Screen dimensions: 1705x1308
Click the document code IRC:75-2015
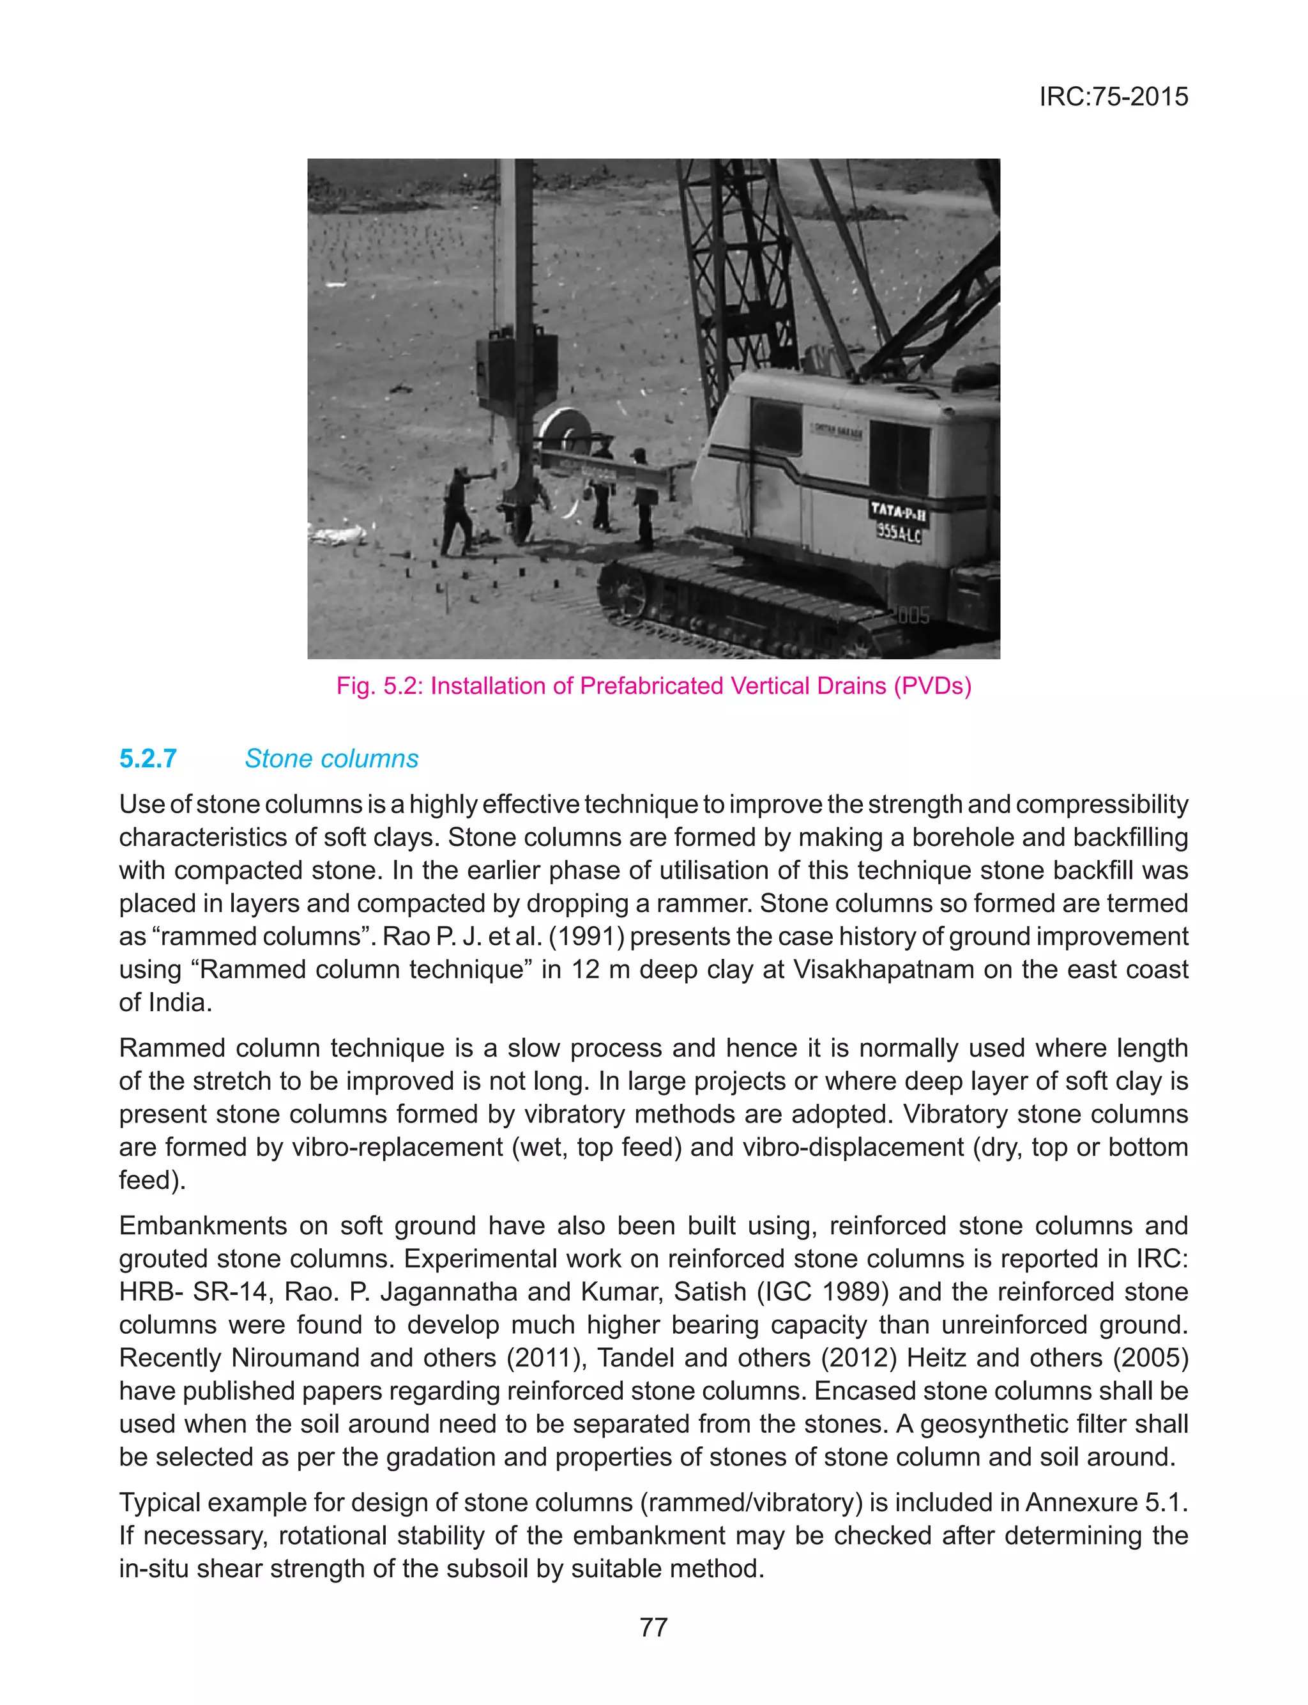1113,96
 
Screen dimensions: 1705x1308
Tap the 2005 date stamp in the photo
912,616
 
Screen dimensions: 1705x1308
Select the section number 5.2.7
148,758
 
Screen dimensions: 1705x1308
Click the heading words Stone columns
331,758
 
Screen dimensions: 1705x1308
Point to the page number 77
653,1627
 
